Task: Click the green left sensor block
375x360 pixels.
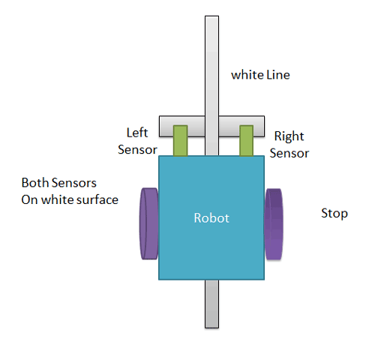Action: coord(180,140)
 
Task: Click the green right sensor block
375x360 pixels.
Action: coord(246,140)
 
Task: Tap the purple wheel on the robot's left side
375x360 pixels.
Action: coord(148,223)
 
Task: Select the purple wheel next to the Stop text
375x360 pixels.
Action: coord(274,223)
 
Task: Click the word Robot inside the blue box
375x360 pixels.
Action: coord(211,218)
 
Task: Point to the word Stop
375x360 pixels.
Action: coord(334,214)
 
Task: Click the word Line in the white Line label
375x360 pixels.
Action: coord(277,75)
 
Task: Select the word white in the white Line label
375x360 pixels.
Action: coord(246,75)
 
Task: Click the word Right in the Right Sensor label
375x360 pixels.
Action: coord(289,136)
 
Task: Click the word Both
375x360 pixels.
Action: coord(34,183)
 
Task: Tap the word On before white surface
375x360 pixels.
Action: coord(29,199)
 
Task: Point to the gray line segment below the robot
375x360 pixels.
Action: coord(211,304)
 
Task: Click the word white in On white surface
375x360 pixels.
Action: coord(58,199)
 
